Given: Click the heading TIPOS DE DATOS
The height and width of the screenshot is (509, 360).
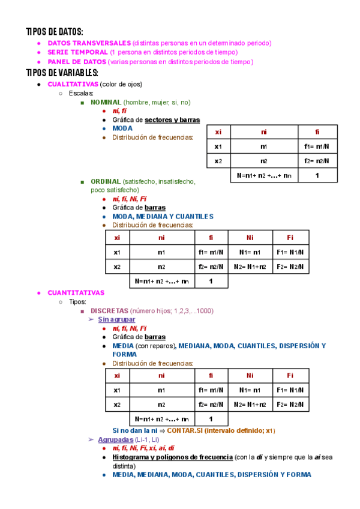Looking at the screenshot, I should coord(55,31).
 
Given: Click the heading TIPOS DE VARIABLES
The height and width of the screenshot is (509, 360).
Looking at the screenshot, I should coord(62,73).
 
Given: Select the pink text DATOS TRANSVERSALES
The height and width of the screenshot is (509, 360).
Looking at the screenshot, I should coord(89,43).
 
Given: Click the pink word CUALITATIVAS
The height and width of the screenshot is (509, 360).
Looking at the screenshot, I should coord(72,84).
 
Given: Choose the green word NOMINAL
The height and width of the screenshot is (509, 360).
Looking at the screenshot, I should coord(106,103).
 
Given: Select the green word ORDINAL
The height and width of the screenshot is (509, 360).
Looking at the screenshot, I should coord(105,181).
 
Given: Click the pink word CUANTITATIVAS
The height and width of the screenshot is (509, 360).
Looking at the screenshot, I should coord(76,293).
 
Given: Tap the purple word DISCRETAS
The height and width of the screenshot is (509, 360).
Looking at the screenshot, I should coord(109,311).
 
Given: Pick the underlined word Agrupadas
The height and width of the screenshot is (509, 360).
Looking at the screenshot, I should coord(115,440).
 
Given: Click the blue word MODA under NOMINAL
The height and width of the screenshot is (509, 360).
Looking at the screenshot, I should coord(122,128).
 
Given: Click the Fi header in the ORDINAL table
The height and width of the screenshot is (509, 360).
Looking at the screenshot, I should coord(290,238).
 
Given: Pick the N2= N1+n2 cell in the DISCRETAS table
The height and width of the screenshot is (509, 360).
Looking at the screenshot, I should coord(250,405).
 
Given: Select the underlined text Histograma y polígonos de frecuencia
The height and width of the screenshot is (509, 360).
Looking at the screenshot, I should coord(172,457).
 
